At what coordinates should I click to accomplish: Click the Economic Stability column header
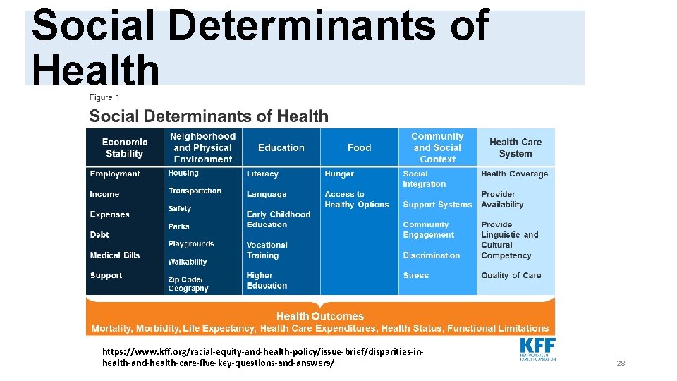(x=124, y=147)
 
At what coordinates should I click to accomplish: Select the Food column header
(x=359, y=147)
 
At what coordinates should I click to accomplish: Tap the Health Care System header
(x=516, y=147)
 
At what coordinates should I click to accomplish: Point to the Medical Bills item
(x=115, y=255)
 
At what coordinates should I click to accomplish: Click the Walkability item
(x=188, y=262)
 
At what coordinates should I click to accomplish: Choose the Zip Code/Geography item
(x=188, y=284)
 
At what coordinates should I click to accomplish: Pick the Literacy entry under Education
(x=262, y=174)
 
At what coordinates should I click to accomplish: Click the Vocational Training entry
(x=267, y=250)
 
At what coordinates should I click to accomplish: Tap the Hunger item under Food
(x=339, y=174)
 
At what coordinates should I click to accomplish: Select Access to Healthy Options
(x=356, y=200)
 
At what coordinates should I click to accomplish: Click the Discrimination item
(x=431, y=255)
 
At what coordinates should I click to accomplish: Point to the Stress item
(x=415, y=275)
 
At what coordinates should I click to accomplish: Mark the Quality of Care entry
(x=511, y=275)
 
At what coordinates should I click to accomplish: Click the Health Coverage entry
(x=514, y=174)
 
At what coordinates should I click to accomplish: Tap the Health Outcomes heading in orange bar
(x=320, y=316)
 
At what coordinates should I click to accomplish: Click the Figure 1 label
(x=105, y=97)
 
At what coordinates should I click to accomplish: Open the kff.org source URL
(x=263, y=357)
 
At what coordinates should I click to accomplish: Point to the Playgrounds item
(x=190, y=244)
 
